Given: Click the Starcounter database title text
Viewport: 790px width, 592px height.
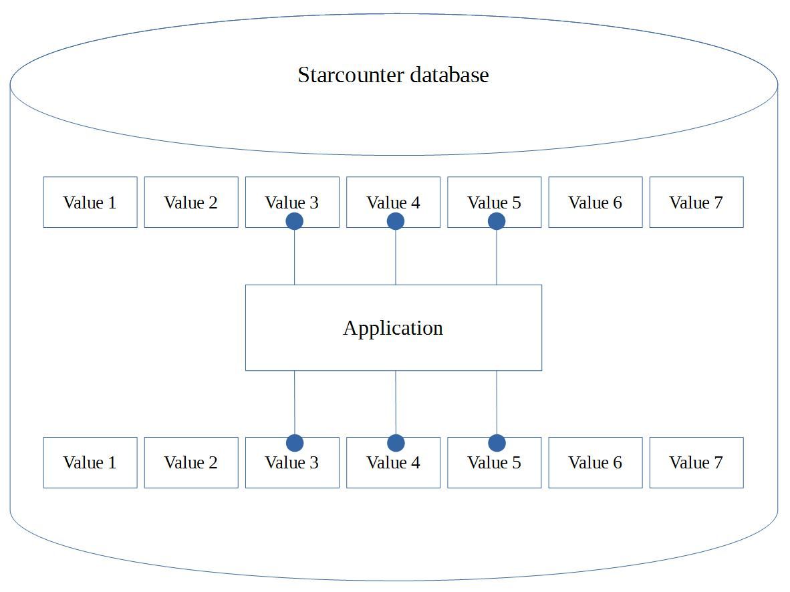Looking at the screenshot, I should pyautogui.click(x=393, y=75).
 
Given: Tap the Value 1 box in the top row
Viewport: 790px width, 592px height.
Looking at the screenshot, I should pyautogui.click(x=90, y=202).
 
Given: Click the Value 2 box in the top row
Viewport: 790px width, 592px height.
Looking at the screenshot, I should pyautogui.click(x=191, y=202).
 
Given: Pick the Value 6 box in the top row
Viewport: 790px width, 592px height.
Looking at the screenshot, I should pyautogui.click(x=595, y=202).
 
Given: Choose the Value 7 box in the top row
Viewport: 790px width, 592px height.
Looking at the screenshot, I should pyautogui.click(x=696, y=202).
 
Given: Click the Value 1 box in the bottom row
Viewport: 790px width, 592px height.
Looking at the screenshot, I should pyautogui.click(x=90, y=462).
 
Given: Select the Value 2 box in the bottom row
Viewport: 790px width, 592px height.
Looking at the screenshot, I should pyautogui.click(x=191, y=462).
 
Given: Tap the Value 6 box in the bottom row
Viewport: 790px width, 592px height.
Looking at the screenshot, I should pyautogui.click(x=595, y=462).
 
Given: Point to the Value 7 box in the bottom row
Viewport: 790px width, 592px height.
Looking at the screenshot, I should pyautogui.click(x=696, y=462).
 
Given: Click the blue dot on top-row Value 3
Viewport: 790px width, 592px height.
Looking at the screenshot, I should pyautogui.click(x=294, y=221).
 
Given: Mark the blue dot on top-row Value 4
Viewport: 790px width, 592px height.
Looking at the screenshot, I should pyautogui.click(x=396, y=221).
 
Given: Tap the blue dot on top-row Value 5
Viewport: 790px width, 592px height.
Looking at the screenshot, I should pyautogui.click(x=497, y=221).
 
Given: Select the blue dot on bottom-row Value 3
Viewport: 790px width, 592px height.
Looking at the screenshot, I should pyautogui.click(x=294, y=443).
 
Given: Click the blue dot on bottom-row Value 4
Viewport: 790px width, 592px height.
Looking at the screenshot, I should pyautogui.click(x=396, y=443).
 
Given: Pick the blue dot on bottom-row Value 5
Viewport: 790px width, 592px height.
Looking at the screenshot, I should pyautogui.click(x=497, y=443).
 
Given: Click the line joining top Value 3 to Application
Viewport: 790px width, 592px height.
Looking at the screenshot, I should pyautogui.click(x=294, y=258).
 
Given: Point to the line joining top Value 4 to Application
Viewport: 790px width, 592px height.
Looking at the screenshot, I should pyautogui.click(x=396, y=258).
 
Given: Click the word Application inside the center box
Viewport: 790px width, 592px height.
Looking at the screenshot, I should pyautogui.click(x=393, y=328).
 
